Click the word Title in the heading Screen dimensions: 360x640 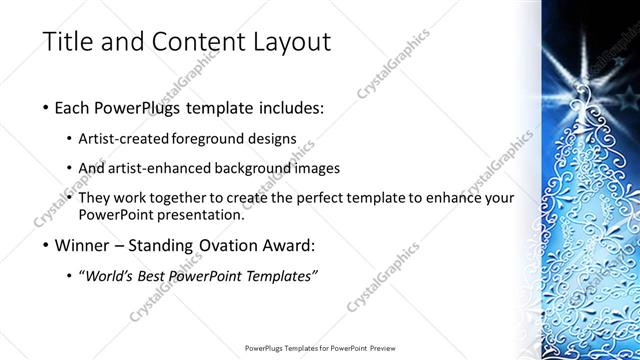69,43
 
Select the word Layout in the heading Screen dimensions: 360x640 284,43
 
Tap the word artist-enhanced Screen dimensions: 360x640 161,168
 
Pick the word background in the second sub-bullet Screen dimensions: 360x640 257,168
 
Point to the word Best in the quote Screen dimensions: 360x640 153,276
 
